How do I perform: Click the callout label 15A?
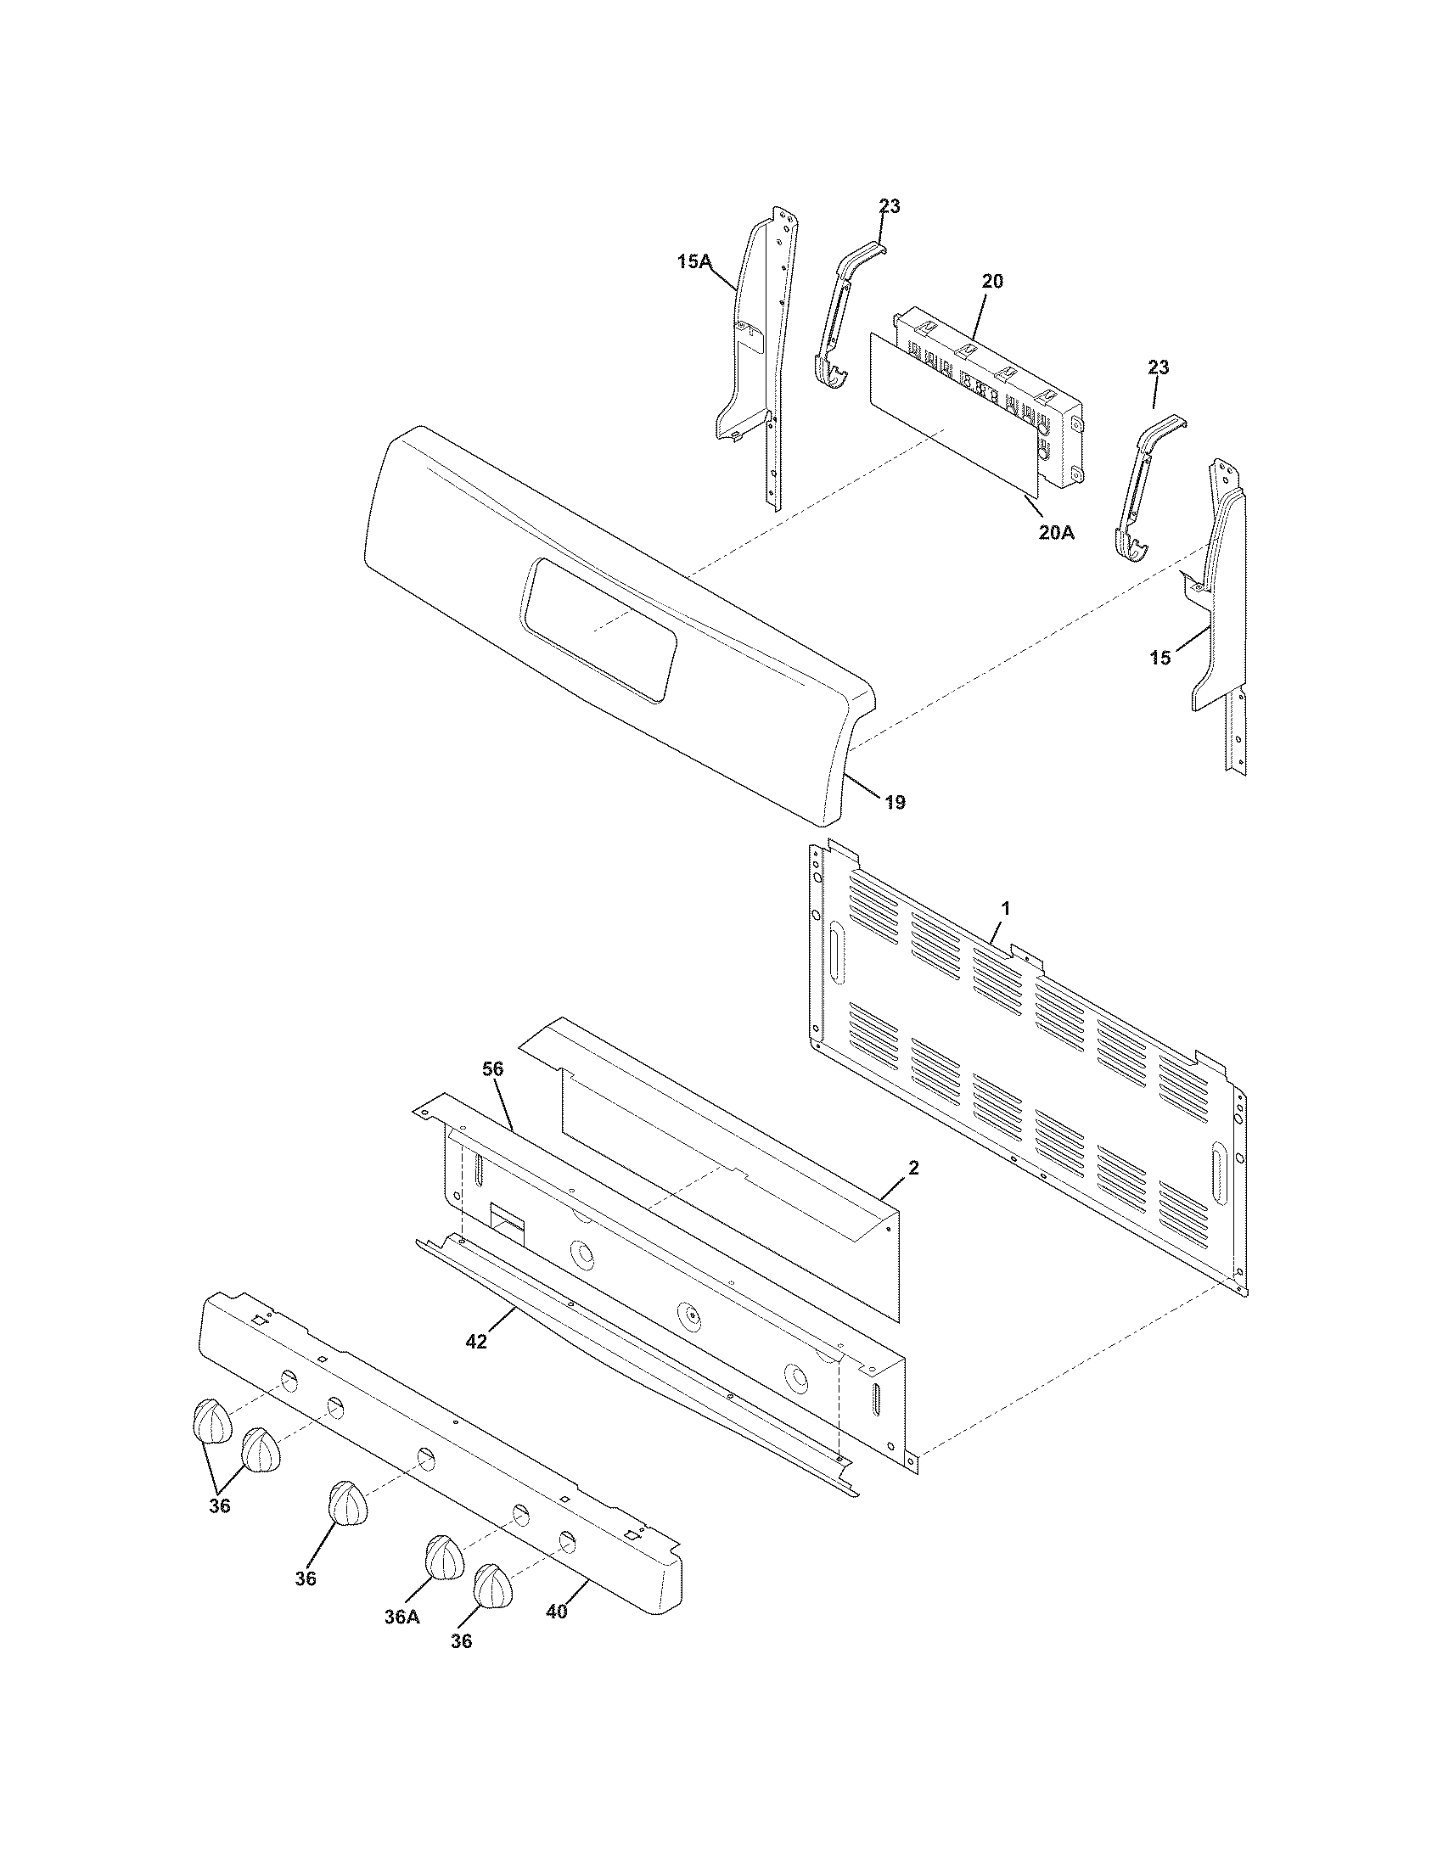[693, 262]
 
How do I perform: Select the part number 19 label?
[894, 802]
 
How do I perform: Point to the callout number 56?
[493, 1068]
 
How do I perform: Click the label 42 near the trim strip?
[476, 1343]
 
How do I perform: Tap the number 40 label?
[556, 1612]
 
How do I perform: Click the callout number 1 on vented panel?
[1006, 909]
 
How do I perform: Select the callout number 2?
[913, 1168]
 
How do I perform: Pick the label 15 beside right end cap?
[1160, 659]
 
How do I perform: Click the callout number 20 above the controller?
[992, 280]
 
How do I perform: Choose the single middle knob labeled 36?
[347, 1503]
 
